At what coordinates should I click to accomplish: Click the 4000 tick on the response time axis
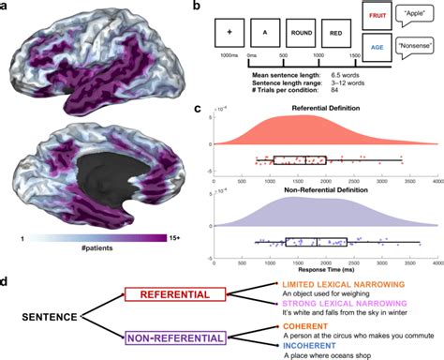[438, 262]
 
